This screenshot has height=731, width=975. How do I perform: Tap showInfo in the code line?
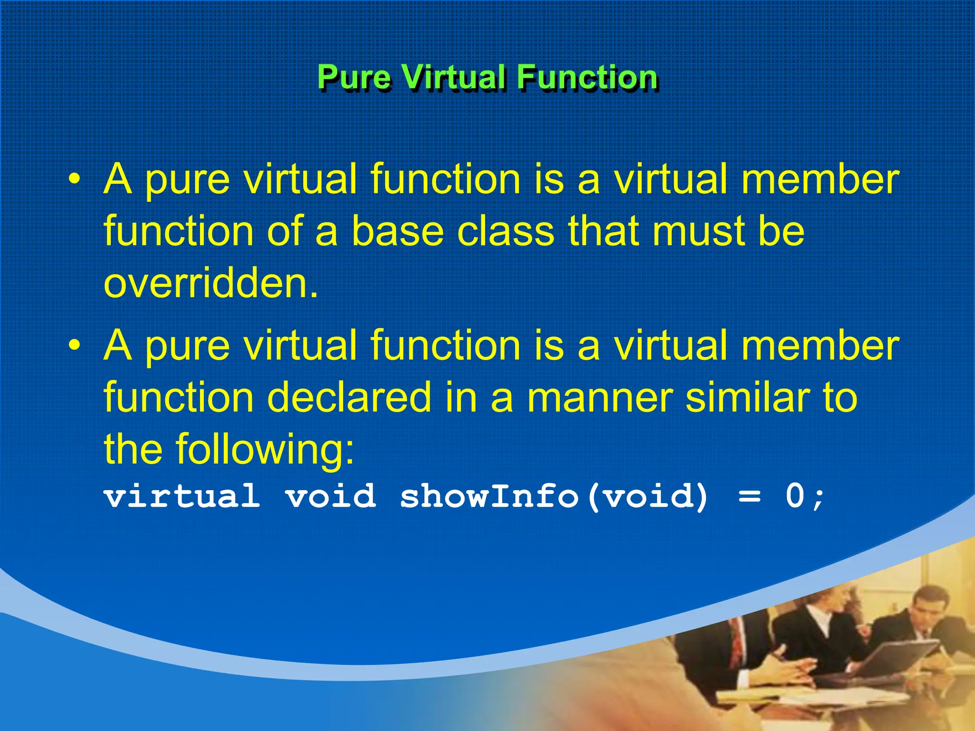point(489,496)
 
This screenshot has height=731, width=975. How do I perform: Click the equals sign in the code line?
point(749,497)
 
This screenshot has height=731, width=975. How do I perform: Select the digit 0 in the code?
point(795,496)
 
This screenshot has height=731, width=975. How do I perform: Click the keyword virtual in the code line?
point(182,496)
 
